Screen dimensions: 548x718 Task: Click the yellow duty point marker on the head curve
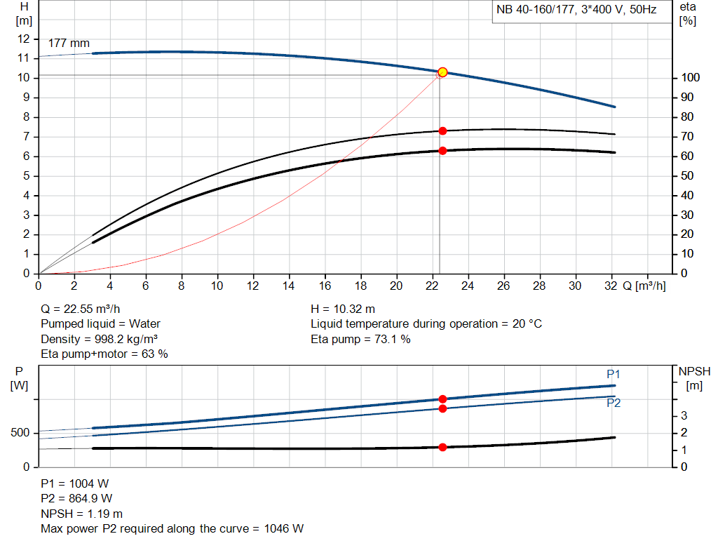pyautogui.click(x=442, y=72)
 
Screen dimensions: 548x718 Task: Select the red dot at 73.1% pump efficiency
pyautogui.click(x=442, y=131)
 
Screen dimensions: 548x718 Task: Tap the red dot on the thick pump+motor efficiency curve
pyautogui.click(x=442, y=151)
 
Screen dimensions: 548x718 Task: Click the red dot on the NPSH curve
pyautogui.click(x=442, y=447)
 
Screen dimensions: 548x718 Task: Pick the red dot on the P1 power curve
pyautogui.click(x=442, y=399)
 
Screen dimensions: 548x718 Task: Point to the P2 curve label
pyautogui.click(x=614, y=403)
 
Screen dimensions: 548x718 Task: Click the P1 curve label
pyautogui.click(x=614, y=374)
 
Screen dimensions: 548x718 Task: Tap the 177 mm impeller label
pyautogui.click(x=69, y=44)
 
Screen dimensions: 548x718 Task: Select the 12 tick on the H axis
pyautogui.click(x=25, y=39)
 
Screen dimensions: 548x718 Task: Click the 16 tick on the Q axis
pyautogui.click(x=325, y=286)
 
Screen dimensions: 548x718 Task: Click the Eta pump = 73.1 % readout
pyautogui.click(x=360, y=340)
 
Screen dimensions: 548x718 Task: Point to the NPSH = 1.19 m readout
pyautogui.click(x=81, y=514)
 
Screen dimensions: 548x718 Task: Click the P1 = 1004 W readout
pyautogui.click(x=75, y=483)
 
